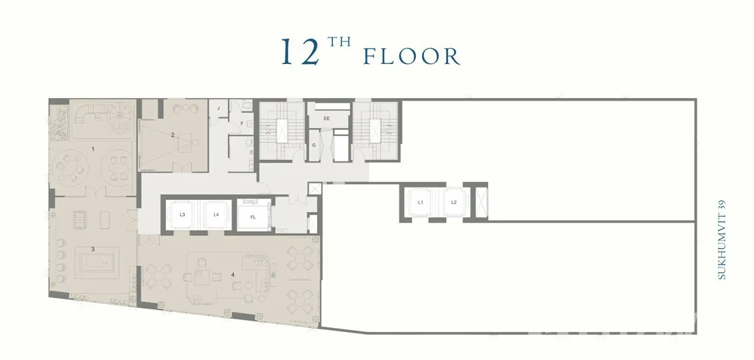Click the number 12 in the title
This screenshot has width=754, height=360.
(x=301, y=51)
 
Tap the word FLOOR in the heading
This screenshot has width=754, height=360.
(x=411, y=56)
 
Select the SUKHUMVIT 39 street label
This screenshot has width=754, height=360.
(x=721, y=239)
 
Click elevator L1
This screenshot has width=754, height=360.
(x=420, y=203)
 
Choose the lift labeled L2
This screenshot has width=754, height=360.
(x=453, y=203)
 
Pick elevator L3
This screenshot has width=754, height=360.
(x=182, y=215)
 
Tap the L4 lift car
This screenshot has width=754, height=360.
(x=217, y=215)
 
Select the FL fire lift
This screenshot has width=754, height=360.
(x=253, y=217)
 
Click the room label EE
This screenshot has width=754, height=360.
(x=327, y=118)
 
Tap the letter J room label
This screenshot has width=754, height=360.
(x=218, y=108)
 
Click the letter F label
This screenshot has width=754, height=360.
(x=242, y=123)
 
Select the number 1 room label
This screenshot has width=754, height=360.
(x=93, y=149)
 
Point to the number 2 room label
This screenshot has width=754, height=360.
(x=173, y=135)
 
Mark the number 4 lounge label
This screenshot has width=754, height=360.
(x=233, y=275)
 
